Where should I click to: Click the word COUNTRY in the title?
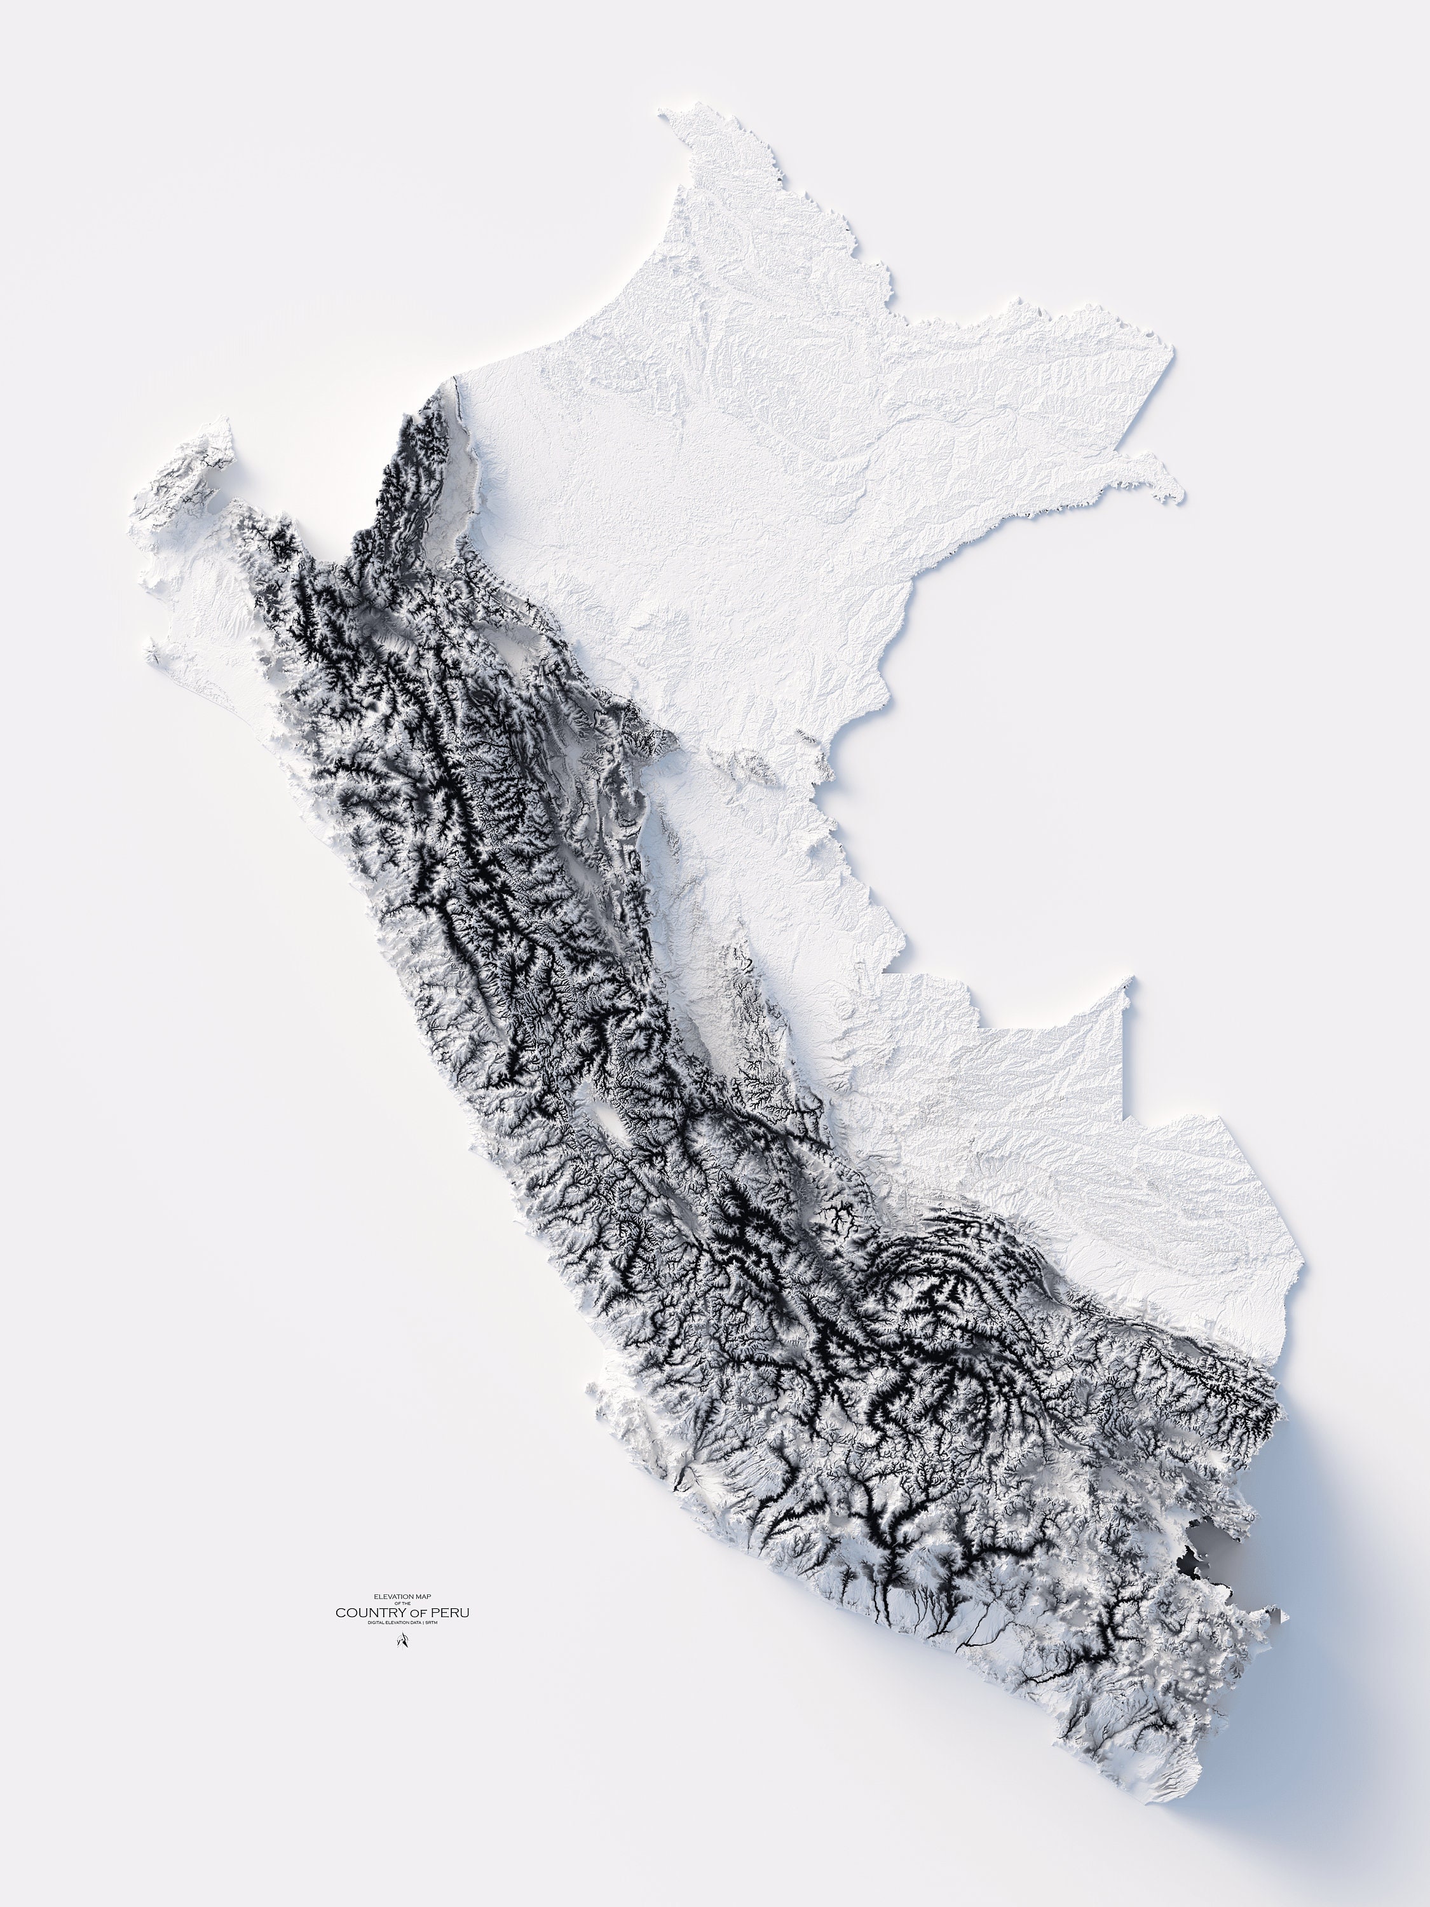364,1612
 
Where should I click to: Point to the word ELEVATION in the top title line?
392,1597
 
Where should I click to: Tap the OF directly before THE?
397,1604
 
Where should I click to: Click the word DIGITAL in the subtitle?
377,1622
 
